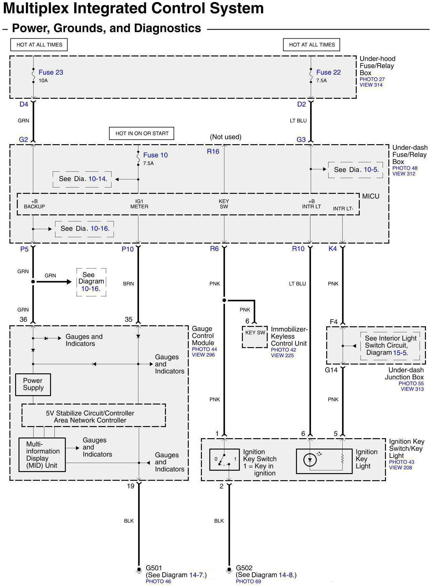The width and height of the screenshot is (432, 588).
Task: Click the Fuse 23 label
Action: coord(51,72)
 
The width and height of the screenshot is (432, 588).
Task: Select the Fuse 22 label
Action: coord(328,72)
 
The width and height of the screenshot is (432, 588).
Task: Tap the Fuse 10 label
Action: coord(155,155)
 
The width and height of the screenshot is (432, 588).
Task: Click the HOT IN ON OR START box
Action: coord(142,133)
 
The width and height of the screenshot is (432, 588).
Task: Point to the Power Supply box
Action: coord(33,384)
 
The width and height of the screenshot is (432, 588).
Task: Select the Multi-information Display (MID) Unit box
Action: coord(42,455)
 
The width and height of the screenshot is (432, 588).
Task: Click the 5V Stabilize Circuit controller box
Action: coord(94,416)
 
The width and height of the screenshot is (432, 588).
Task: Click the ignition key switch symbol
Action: coord(224,459)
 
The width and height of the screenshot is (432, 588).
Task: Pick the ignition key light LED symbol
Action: coord(310,459)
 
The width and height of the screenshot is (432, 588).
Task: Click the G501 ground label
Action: coord(154,568)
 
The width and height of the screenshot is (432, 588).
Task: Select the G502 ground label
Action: coord(244,568)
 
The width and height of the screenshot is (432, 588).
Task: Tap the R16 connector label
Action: coord(213,152)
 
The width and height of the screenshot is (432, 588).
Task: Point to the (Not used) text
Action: coord(225,137)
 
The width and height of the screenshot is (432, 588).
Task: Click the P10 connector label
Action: coord(128,249)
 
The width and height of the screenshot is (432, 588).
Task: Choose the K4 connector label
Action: coord(333,249)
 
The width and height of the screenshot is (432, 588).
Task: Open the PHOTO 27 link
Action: coord(372,79)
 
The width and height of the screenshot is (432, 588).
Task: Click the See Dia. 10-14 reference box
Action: coord(83,179)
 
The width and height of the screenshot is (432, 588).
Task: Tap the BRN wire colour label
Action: coord(128,284)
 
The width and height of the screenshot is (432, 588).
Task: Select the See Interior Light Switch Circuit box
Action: coord(390,345)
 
